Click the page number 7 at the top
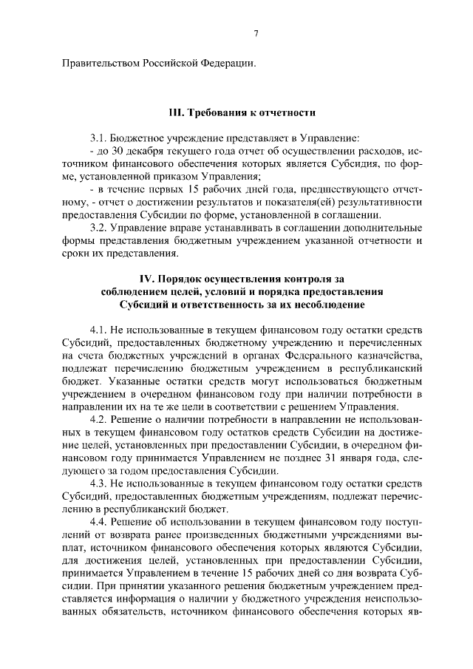tap(255, 33)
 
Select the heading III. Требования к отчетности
tap(242, 114)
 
